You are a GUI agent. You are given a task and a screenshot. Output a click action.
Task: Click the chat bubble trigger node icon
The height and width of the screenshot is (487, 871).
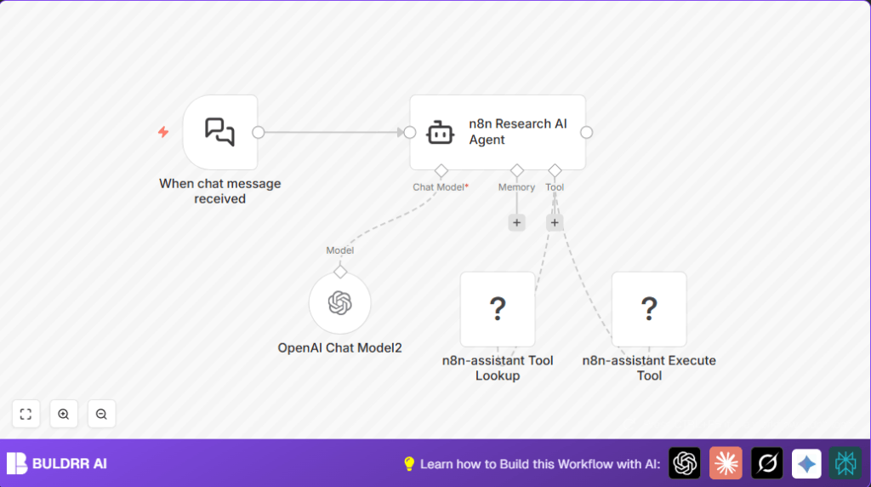pos(219,132)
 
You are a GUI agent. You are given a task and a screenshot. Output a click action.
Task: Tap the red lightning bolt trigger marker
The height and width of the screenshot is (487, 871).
pos(163,132)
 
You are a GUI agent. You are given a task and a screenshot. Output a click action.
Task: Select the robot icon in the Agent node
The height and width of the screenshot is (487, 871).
pos(440,132)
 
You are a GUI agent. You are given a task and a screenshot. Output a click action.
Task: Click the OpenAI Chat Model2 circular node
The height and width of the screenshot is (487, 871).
pos(340,303)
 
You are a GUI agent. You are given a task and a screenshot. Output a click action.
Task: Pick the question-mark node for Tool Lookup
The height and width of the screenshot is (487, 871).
pos(498,309)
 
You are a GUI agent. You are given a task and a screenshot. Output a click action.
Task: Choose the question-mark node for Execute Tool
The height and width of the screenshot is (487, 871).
pos(649,309)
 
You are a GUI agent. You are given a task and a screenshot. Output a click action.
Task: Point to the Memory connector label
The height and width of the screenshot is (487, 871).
pos(516,187)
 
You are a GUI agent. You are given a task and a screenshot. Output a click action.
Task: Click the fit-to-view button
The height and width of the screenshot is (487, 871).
pos(26,414)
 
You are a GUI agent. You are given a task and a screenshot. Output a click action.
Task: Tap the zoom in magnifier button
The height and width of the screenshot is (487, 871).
pos(64,414)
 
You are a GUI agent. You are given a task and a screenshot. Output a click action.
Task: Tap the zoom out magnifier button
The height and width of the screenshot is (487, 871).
pos(101,414)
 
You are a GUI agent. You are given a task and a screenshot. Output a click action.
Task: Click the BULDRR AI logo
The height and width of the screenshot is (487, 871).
pos(57,464)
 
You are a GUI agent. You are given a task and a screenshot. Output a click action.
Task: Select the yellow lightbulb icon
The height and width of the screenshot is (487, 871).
pos(409,464)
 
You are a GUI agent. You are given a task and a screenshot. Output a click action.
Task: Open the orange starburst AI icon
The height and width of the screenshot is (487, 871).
pos(726,463)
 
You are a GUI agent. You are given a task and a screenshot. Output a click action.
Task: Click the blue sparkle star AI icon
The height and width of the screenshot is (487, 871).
pos(806,463)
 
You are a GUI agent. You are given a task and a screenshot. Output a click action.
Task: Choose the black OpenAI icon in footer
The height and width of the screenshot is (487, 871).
pos(685,463)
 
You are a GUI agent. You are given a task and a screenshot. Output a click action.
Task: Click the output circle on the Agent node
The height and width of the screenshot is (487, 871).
pos(586,132)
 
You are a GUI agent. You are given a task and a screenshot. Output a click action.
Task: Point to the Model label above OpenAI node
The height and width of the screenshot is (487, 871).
pos(340,250)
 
